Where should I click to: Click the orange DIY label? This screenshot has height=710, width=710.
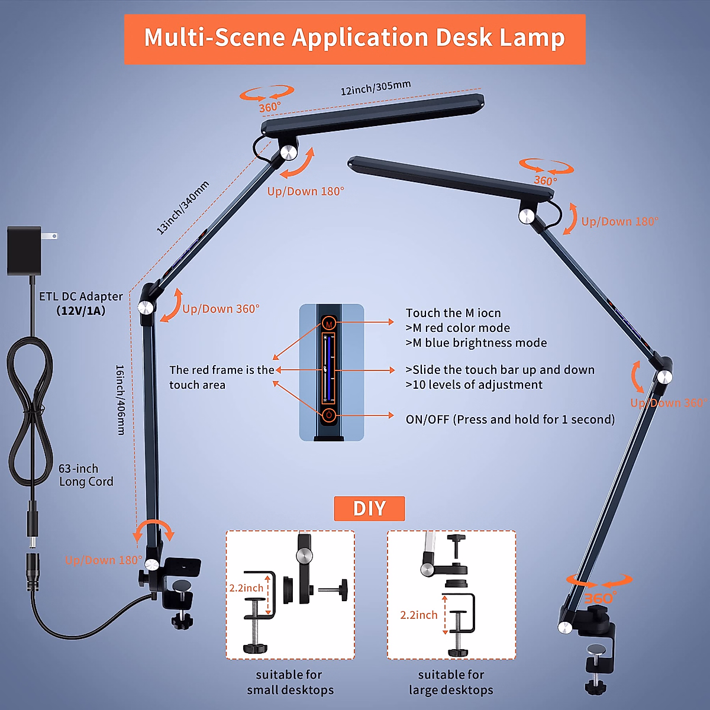pos(369,508)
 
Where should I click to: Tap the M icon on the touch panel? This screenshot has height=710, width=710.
pos(329,323)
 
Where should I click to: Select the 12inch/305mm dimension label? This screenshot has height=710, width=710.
pos(375,88)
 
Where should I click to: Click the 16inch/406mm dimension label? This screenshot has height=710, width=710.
pos(120,400)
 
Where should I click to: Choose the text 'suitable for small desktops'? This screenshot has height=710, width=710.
pos(289,682)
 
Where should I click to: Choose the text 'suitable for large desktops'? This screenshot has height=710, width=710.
pos(451,682)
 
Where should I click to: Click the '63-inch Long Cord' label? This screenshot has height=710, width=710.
pos(85,475)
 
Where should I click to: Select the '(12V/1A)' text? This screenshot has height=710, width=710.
pos(81,311)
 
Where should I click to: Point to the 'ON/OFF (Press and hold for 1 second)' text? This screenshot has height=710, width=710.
pos(510,419)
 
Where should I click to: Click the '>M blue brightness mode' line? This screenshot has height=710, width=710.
pos(476,343)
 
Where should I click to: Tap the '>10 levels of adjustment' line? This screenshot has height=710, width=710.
pos(474,385)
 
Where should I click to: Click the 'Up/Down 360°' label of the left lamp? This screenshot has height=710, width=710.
pos(221,309)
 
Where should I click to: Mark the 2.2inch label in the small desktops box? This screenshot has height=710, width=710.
pos(246,588)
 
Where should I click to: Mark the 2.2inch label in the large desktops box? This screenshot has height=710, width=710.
pos(418,615)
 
